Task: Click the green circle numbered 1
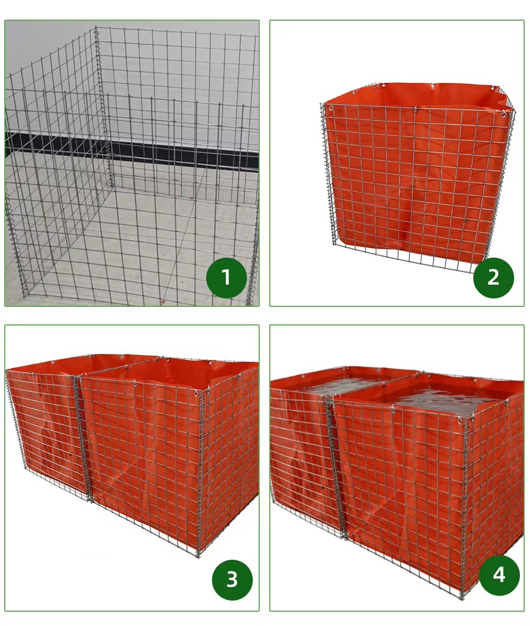click(x=226, y=278)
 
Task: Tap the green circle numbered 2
click(x=493, y=278)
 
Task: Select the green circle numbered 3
click(x=232, y=580)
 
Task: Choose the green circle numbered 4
click(x=499, y=576)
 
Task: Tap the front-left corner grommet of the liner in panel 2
click(x=331, y=108)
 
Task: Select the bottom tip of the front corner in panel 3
click(x=199, y=556)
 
